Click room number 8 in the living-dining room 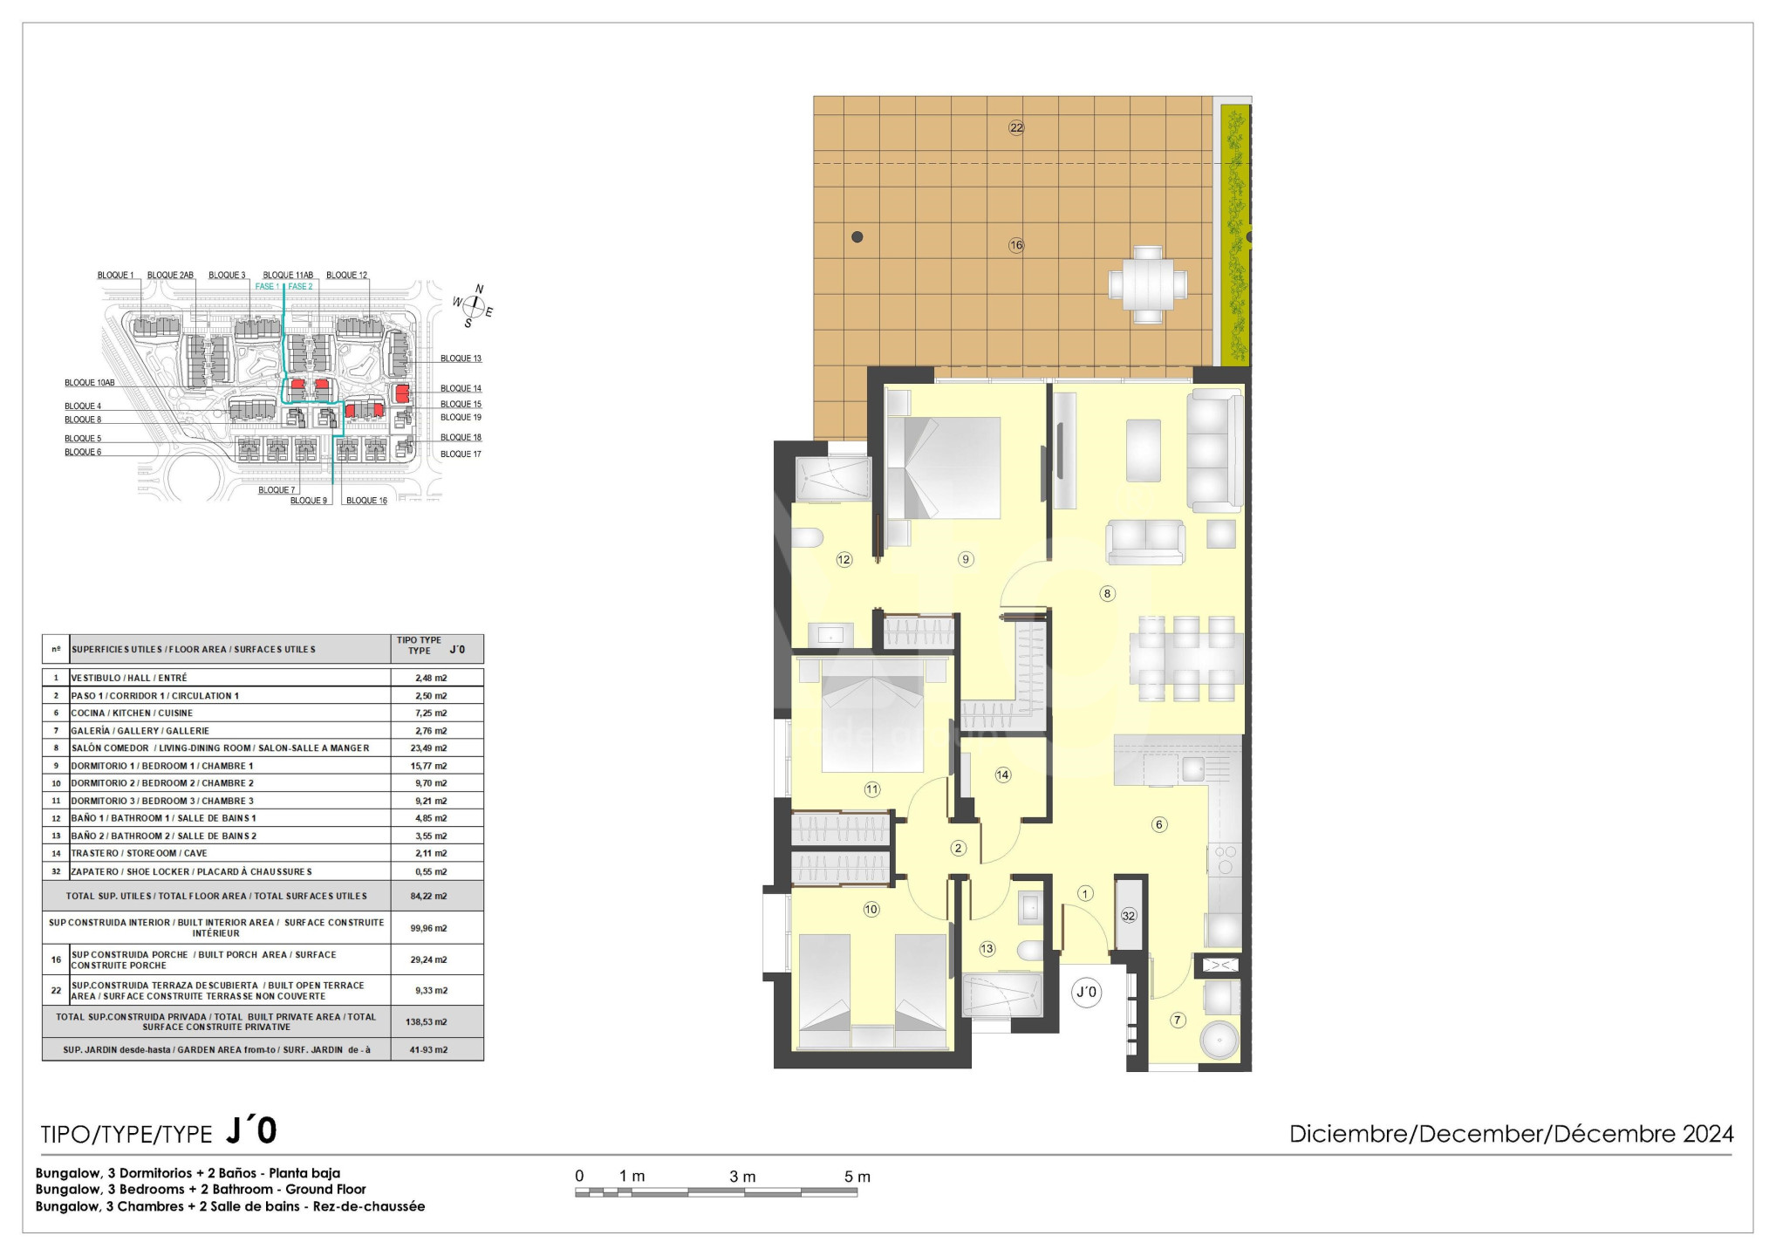1107,594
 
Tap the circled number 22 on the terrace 1016,127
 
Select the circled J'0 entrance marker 1087,992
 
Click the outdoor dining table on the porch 1148,284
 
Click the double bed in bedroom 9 943,468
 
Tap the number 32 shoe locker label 1129,916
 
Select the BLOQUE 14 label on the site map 461,388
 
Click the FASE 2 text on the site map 300,286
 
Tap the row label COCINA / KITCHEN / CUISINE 132,713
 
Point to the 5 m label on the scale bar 857,1177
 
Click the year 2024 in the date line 1708,1134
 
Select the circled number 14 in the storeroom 1003,775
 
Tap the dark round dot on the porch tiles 857,236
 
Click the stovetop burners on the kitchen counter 1226,858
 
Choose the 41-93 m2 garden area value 429,1049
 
